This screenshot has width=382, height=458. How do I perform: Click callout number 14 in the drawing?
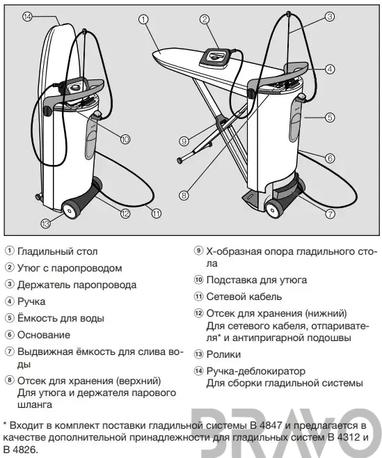coord(27,17)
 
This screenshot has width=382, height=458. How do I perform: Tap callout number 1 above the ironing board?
coord(143,19)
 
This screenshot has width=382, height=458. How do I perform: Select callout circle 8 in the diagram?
coord(184,195)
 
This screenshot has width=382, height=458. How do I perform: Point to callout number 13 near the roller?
coord(45,223)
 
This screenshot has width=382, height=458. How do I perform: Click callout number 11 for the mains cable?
coord(157,214)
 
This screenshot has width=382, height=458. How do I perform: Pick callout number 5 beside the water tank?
coord(330,118)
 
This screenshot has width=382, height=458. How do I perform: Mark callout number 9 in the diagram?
coord(184,141)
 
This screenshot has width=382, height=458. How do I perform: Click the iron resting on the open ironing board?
coord(215,58)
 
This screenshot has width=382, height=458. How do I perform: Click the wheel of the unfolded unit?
coord(273,209)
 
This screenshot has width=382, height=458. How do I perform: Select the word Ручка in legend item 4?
coord(31,301)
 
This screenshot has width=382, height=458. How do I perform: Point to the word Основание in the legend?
coord(44,335)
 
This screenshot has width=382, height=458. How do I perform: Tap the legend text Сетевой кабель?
coord(244,297)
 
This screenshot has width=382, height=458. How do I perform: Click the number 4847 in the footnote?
coord(270,425)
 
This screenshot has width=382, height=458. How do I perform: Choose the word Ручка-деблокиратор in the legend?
coord(255,372)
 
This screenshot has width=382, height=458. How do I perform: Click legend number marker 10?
coord(198,280)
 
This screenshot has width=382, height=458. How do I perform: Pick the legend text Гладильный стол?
coord(58,251)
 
